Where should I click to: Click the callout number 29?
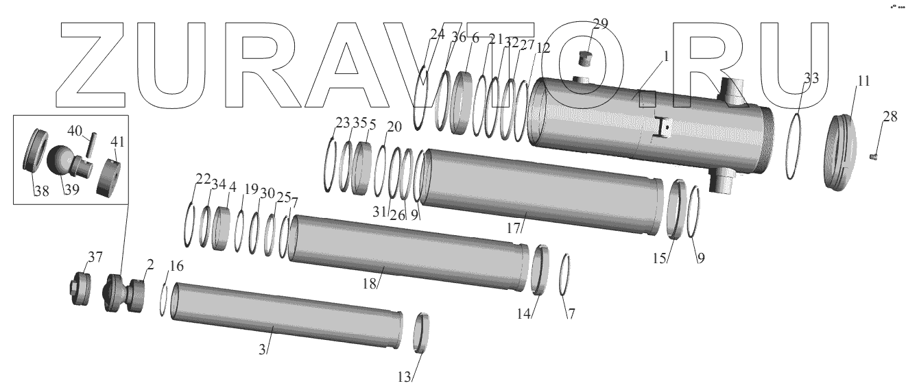(x=600, y=24)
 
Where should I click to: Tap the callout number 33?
(x=811, y=77)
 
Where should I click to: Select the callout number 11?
(x=863, y=82)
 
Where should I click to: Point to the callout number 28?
(x=890, y=117)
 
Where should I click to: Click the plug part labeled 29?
(x=585, y=58)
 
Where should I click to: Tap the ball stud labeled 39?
(x=69, y=162)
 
